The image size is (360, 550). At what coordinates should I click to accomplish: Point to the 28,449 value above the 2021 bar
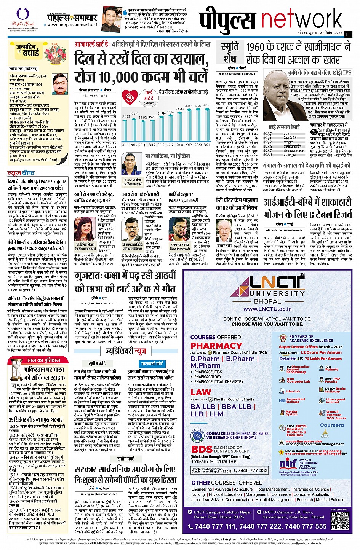pos(207,105)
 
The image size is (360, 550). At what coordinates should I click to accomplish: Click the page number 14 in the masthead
pos(348,34)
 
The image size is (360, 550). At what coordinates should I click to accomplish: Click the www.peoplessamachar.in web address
pos(74,26)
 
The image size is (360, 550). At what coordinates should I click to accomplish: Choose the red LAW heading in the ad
pos(200,392)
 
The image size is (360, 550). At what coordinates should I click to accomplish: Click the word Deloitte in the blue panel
pos(288,359)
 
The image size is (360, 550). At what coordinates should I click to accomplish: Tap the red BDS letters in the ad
pos(202,449)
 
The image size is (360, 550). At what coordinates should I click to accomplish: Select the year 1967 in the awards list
pos(267,134)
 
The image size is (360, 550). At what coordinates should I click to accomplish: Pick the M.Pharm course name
pos(206,365)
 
